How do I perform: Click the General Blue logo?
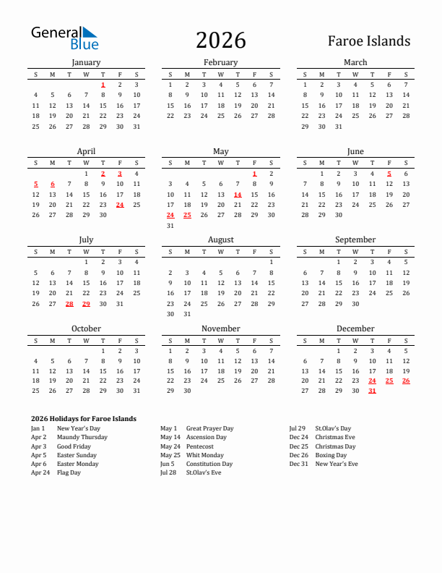[64, 38]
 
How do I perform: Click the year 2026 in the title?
[220, 41]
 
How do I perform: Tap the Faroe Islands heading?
[369, 41]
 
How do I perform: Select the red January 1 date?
[103, 85]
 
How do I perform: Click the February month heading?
[220, 62]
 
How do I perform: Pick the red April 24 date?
[120, 205]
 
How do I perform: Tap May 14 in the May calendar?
[238, 195]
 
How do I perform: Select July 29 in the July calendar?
[86, 304]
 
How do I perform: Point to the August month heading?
[220, 239]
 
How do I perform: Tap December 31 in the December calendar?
[372, 391]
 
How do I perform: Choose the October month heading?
[86, 328]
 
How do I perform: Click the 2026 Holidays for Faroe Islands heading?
[84, 419]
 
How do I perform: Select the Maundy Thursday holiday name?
[82, 438]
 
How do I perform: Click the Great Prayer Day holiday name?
[209, 428]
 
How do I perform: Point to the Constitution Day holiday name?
[209, 464]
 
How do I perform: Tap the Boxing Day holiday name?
[331, 455]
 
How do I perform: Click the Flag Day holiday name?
[69, 472]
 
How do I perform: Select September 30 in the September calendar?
[355, 304]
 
